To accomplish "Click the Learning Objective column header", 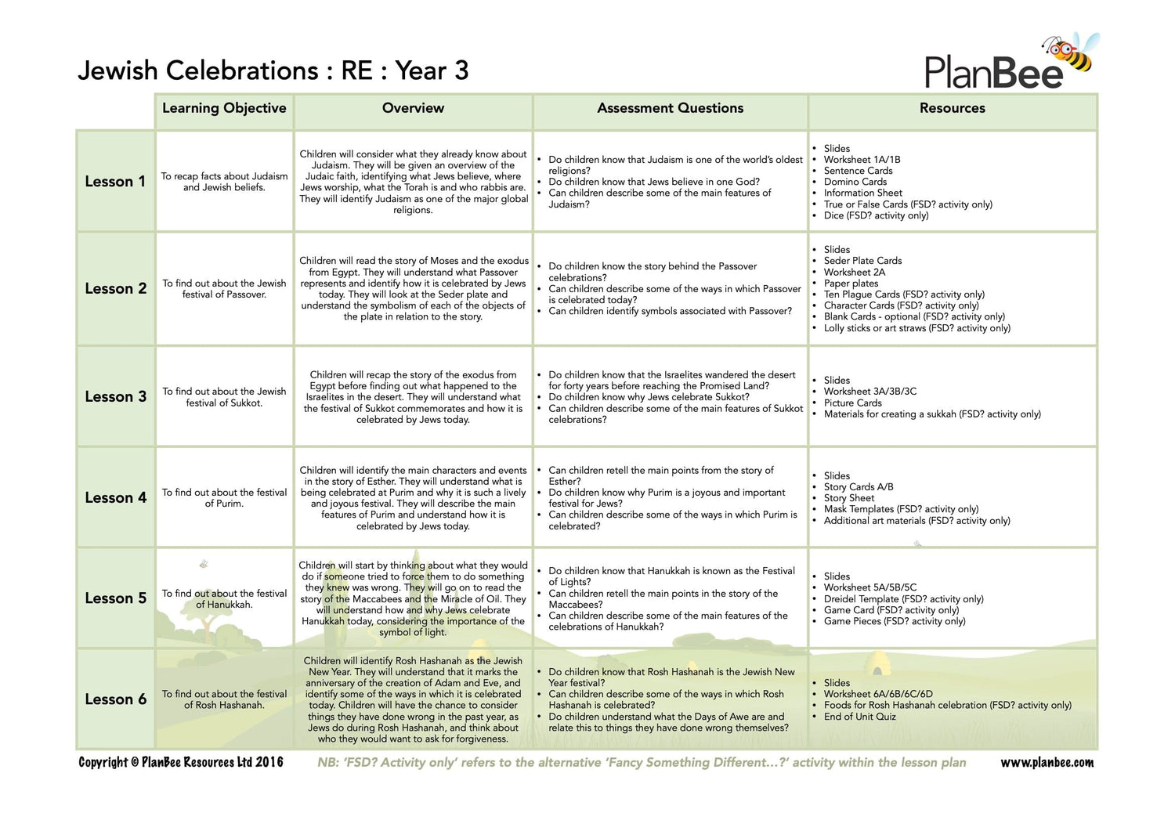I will (x=224, y=108).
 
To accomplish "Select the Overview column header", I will (x=413, y=108).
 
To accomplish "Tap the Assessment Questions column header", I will (x=670, y=108).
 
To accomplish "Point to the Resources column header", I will (x=952, y=108).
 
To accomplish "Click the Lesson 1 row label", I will (x=115, y=182).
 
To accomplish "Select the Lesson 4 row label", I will (x=115, y=498).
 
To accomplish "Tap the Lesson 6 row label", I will (x=115, y=699).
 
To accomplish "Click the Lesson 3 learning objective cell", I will (x=224, y=397).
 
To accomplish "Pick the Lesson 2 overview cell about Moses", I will (x=413, y=288).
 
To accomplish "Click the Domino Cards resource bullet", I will (x=855, y=182).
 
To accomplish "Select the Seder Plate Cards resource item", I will (x=862, y=261).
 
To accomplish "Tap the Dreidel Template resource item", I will (x=903, y=599).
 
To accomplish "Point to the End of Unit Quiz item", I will (x=859, y=717).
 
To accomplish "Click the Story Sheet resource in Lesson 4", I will (x=849, y=498).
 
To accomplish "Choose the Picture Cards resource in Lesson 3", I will (x=852, y=403).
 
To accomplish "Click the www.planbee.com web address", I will (x=1047, y=763).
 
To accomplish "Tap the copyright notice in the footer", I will (x=180, y=762).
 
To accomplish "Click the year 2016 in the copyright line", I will (x=269, y=762).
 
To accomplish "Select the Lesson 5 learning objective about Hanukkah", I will (x=224, y=599).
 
